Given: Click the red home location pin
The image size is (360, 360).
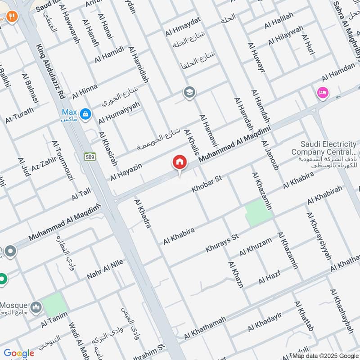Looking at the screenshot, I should [180, 162].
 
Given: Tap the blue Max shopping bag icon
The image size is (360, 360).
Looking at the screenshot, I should [85, 115].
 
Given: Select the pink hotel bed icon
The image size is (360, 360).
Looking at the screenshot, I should [323, 93].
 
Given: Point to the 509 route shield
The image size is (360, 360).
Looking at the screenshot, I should [89, 157].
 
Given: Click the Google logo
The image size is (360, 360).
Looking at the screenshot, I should [19, 353].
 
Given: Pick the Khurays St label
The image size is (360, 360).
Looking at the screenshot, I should [221, 243].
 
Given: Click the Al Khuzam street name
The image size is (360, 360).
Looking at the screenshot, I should [256, 247].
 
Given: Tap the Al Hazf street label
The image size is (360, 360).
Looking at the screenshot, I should [270, 275].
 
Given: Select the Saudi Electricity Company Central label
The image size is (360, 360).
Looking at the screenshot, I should [323, 148].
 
